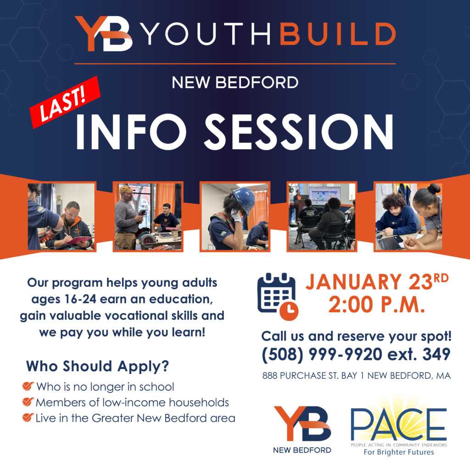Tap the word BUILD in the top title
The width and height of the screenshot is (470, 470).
pyautogui.click(x=337, y=34)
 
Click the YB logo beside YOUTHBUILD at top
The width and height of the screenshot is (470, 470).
pyautogui.click(x=104, y=34)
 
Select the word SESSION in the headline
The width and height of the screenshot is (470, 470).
pyautogui.click(x=298, y=131)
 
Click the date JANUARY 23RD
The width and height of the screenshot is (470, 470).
pyautogui.click(x=376, y=282)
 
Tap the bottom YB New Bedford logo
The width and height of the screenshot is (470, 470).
pyautogui.click(x=302, y=429)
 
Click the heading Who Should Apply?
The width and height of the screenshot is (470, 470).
pyautogui.click(x=97, y=366)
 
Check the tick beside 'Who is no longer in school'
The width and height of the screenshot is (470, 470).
pyautogui.click(x=28, y=386)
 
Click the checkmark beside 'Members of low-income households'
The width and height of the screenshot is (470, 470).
pyautogui.click(x=28, y=403)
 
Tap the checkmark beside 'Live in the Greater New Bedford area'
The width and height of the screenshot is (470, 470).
pyautogui.click(x=28, y=418)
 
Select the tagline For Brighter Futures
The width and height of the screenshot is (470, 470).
pyautogui.click(x=398, y=453)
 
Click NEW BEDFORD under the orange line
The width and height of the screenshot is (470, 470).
pyautogui.click(x=235, y=83)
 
